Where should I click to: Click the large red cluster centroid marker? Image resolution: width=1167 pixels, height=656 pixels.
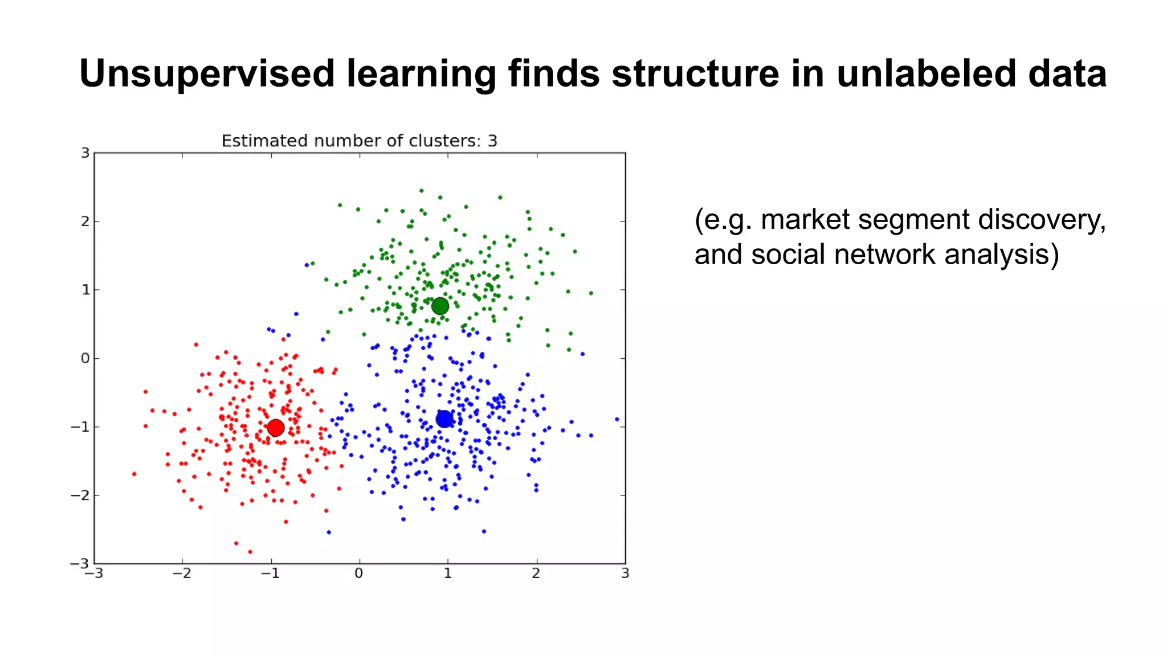(x=276, y=428)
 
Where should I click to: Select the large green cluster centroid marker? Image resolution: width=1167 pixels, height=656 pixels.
(x=440, y=306)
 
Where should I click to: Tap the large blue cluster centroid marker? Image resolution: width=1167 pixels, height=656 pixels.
(x=444, y=420)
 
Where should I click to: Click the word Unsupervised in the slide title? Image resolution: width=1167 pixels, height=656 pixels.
(x=207, y=74)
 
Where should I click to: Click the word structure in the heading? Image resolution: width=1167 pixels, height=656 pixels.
(x=695, y=74)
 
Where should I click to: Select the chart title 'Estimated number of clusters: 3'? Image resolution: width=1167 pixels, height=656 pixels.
(x=359, y=141)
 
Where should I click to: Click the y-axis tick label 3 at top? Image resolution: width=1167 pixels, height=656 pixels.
(x=85, y=153)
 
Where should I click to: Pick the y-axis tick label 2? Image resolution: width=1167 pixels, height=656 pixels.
(x=85, y=222)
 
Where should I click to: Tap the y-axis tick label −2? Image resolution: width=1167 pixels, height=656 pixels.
(x=81, y=495)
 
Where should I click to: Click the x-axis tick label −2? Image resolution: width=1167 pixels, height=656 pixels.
(x=182, y=573)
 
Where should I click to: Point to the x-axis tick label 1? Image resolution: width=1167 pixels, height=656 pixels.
(x=447, y=573)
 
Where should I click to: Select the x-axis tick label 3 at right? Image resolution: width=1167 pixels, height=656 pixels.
(x=625, y=573)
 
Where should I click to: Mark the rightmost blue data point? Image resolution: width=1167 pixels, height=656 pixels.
(x=617, y=419)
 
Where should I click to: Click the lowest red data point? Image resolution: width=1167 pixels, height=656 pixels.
(x=250, y=552)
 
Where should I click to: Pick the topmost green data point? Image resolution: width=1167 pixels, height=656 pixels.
(x=422, y=191)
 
